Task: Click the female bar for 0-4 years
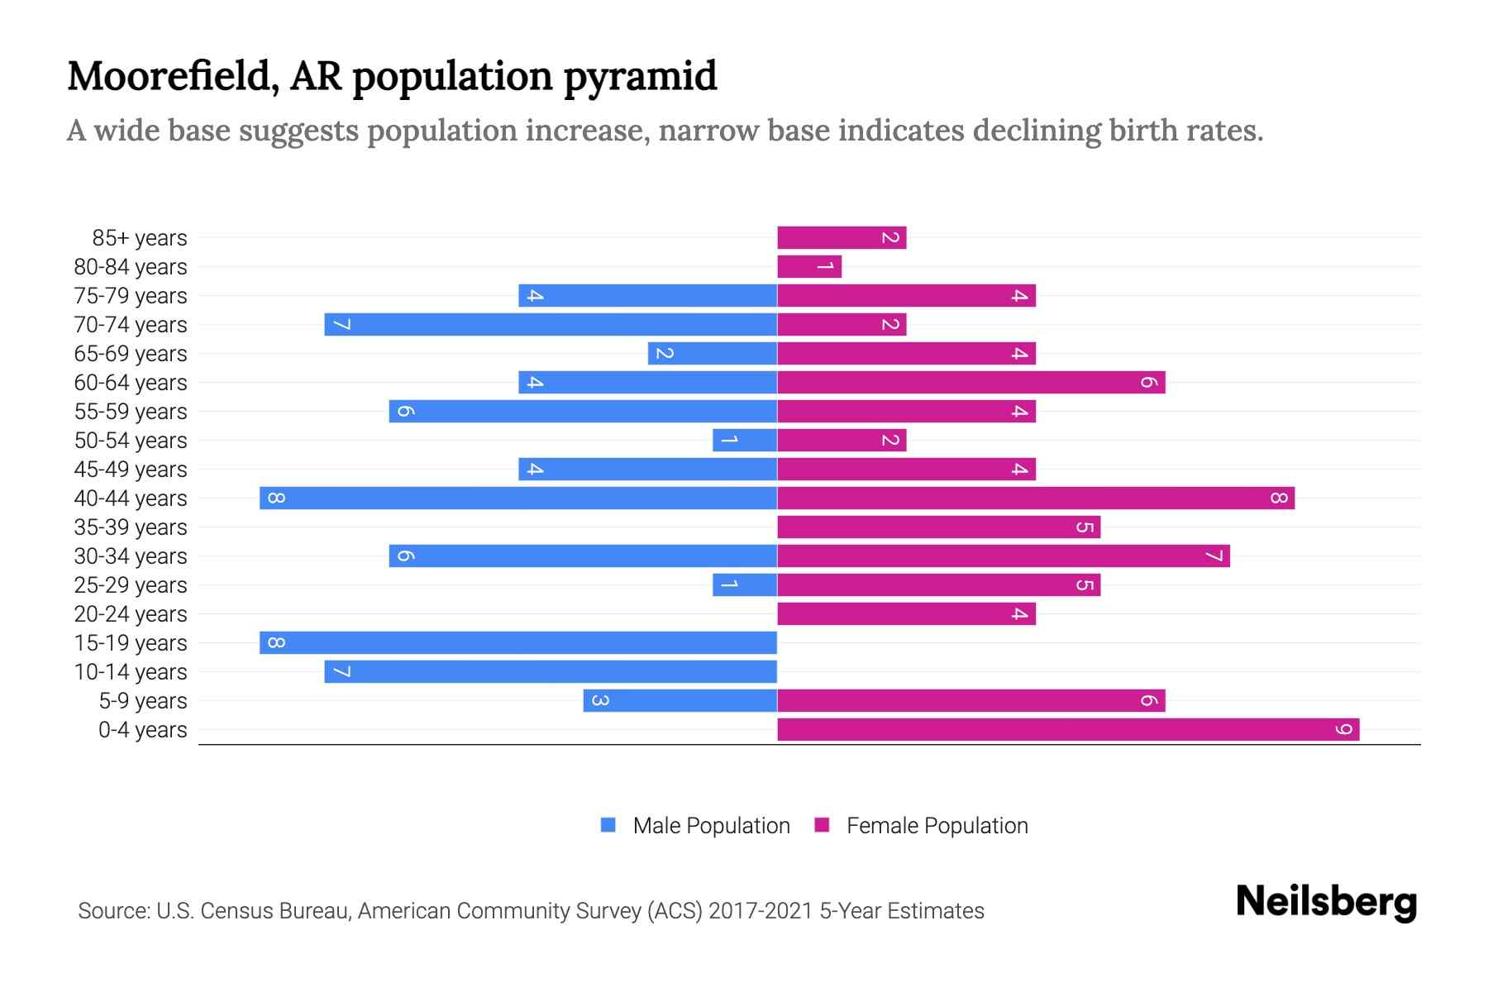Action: pyautogui.click(x=1068, y=730)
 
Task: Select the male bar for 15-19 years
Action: pyautogui.click(x=518, y=643)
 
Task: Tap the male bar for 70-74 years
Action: pyautogui.click(x=551, y=325)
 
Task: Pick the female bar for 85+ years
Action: pyautogui.click(x=842, y=238)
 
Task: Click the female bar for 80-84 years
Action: pyautogui.click(x=809, y=267)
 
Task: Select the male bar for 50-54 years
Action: pyautogui.click(x=745, y=441)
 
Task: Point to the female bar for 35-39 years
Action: pyautogui.click(x=938, y=527)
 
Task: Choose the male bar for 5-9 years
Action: pyautogui.click(x=680, y=701)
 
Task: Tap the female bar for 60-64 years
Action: pyautogui.click(x=971, y=383)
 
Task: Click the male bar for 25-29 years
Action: pyautogui.click(x=745, y=585)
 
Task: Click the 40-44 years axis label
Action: pyautogui.click(x=131, y=498)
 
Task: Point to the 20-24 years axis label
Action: pyautogui.click(x=131, y=614)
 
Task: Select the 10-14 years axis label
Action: pyautogui.click(x=131, y=672)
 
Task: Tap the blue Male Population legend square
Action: pyautogui.click(x=608, y=825)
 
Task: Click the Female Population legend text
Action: pyautogui.click(x=937, y=825)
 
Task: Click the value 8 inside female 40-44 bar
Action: pyautogui.click(x=1279, y=498)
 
